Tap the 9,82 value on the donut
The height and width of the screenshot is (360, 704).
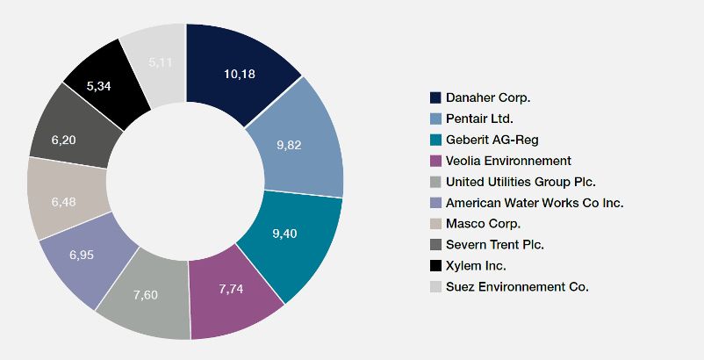pos(289,145)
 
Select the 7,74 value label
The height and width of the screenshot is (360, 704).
pos(230,290)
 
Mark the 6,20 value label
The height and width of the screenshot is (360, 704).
pos(63,140)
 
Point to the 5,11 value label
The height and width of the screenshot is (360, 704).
pos(161,62)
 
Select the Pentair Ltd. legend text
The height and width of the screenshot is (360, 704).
pos(479,118)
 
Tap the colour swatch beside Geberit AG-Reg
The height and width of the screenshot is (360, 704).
pos(435,140)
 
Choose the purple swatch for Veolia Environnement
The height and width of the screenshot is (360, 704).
pos(435,161)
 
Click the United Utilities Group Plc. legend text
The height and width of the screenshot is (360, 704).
pos(521,182)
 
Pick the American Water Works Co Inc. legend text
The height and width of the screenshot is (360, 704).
pos(535,203)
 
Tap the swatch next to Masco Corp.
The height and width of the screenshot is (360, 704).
pos(435,224)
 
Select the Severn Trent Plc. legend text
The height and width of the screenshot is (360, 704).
pos(494,245)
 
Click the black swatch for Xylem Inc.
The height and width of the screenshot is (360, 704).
pos(435,266)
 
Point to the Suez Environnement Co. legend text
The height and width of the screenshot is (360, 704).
pos(517,287)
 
